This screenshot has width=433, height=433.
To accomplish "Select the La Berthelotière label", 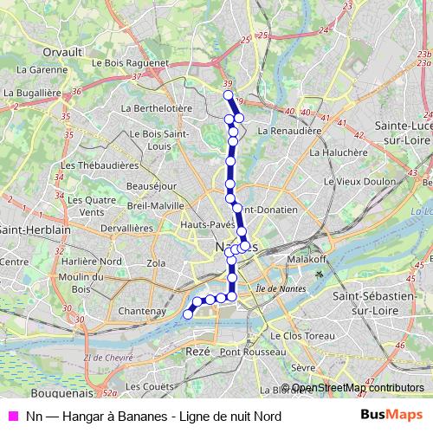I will [156, 108].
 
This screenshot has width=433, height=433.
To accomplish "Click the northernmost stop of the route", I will [228, 95].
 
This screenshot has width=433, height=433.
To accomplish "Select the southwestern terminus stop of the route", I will [187, 315].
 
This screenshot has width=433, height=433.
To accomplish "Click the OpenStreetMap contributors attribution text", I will [358, 388].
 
